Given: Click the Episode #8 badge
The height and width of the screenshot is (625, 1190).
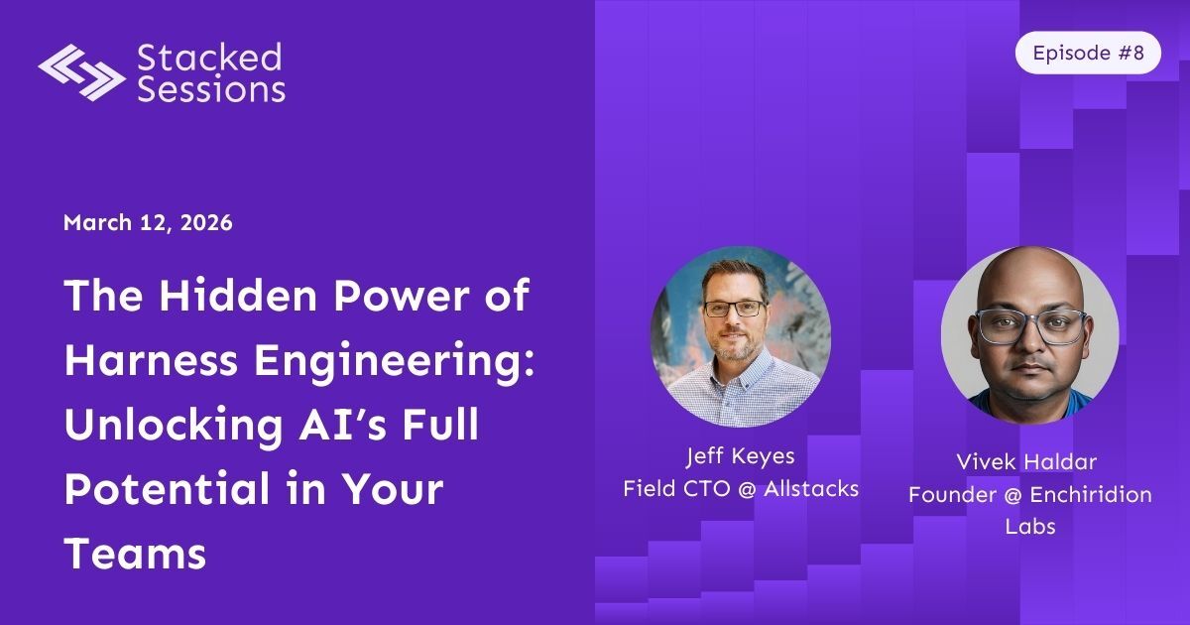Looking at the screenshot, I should coord(1087,53).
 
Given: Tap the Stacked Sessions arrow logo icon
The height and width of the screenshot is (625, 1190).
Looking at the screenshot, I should coord(81,71).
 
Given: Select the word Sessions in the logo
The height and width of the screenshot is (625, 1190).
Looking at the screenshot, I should coord(210,89).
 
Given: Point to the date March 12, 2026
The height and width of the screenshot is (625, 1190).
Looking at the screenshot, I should coord(148,222).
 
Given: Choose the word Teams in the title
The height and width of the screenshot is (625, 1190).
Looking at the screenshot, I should coord(135,554).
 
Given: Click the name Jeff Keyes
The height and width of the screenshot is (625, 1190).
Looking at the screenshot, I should coord(741,457).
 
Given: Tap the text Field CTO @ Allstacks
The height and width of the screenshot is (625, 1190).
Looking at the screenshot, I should coord(741,488).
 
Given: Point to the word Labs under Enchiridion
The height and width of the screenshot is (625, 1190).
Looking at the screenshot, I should coord(1029,526).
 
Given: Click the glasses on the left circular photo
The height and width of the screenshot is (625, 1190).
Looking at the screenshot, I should coord(734,309).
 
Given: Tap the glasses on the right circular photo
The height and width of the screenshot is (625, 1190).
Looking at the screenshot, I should coord(1031,326).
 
